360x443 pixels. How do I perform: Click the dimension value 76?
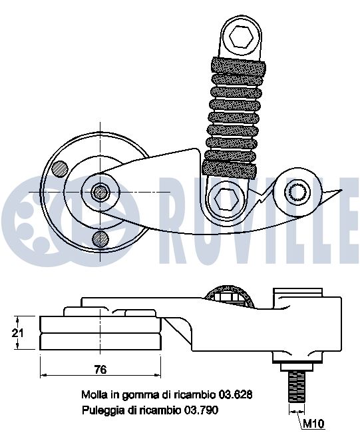pos(100,369)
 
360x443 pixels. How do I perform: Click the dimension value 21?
pos(17,333)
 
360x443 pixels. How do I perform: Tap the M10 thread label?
pos(313,423)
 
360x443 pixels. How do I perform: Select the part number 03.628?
pos(236,394)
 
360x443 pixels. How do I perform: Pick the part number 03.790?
pos(201,410)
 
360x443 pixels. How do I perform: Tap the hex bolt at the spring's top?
pos(241,37)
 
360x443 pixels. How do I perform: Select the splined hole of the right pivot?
pos(298,192)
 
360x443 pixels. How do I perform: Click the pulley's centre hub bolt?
pos(100,192)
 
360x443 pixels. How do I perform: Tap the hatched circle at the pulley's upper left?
pos(61,169)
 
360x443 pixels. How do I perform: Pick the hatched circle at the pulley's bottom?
pos(100,238)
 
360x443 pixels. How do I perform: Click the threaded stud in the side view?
pos(297,386)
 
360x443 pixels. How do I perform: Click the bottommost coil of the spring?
pos(230,169)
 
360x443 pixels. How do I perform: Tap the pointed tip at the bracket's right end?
pos(342,190)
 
